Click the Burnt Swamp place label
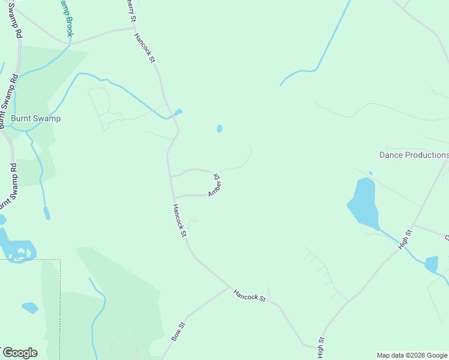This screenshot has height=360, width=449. [36, 118]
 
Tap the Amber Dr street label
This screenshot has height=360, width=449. [214, 185]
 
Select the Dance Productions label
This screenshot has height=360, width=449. [414, 155]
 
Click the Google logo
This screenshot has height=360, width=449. [19, 353]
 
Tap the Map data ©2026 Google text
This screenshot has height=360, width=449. [412, 355]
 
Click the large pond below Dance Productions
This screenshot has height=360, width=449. [364, 203]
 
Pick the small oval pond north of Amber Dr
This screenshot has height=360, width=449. [220, 128]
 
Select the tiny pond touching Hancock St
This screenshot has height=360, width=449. [178, 112]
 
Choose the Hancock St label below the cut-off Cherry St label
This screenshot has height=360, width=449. [145, 48]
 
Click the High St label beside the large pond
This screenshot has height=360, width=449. [406, 238]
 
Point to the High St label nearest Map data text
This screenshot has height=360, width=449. [321, 347]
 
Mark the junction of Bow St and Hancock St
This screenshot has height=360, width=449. [230, 287]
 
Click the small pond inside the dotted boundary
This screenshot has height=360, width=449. [30, 308]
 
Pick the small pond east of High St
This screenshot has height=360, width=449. [432, 264]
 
